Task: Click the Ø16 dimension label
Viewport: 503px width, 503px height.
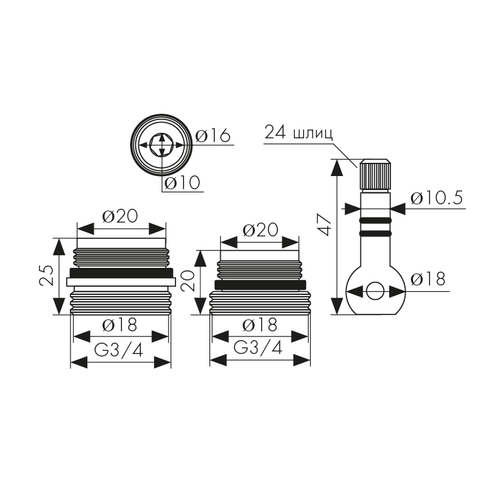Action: coord(213,135)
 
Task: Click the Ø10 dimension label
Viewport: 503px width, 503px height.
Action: coord(182,183)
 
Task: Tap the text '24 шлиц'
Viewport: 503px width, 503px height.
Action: coord(298,133)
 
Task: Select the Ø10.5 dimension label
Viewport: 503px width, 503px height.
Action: coord(436,198)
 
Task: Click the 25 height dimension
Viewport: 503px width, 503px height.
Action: coord(46,275)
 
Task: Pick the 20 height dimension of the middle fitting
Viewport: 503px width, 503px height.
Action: coord(187,280)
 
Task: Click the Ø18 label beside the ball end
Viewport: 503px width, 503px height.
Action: coord(428,279)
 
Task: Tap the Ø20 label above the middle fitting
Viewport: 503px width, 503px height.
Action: coord(260,230)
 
